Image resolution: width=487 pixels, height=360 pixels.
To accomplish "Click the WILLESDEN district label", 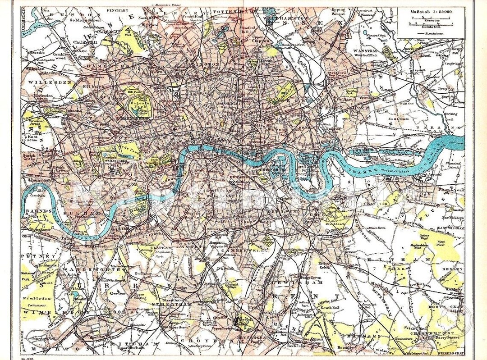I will click(44, 83).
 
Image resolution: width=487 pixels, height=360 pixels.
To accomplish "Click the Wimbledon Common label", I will click(36, 301).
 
